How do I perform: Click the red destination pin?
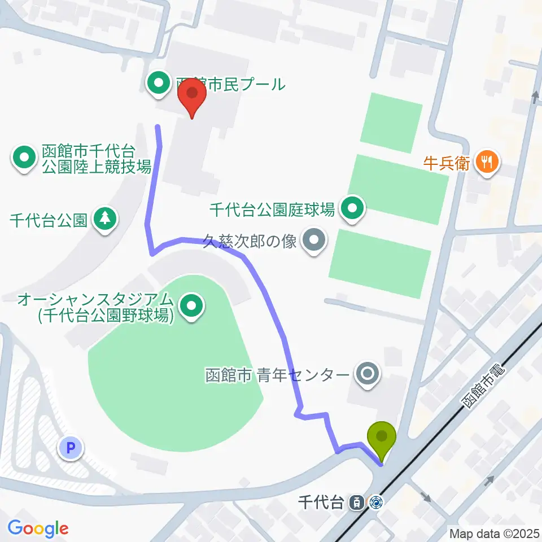[x=192, y=95]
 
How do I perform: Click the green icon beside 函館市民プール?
[x=158, y=85]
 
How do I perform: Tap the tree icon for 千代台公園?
[x=104, y=219]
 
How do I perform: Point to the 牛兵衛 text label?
[x=447, y=163]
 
